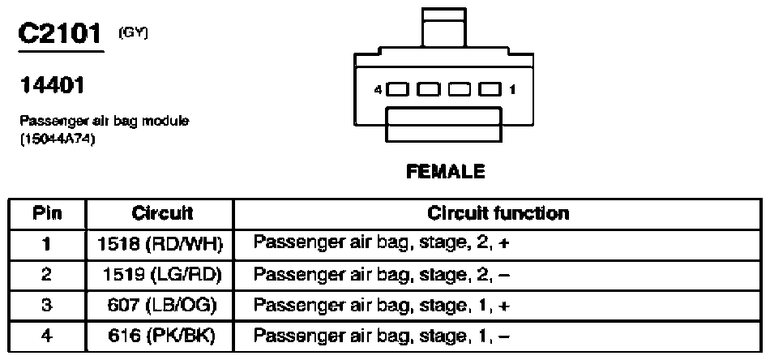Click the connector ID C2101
60,34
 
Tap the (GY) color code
133,32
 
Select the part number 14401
52,85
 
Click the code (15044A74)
58,139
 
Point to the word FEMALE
446,171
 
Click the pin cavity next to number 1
490,89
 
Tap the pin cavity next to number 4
398,89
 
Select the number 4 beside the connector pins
378,90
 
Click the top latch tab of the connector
444,28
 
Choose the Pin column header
47,213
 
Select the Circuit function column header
498,213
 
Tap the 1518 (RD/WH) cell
160,244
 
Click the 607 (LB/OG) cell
161,306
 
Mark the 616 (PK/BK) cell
161,336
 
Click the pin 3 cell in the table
47,306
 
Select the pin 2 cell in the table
47,275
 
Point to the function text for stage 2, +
382,244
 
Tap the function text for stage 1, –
382,336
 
